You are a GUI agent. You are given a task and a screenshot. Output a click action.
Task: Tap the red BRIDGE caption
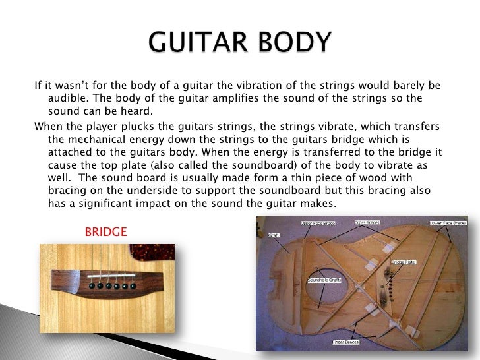tap(105, 232)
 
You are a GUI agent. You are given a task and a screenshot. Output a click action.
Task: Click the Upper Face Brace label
tap(318, 224)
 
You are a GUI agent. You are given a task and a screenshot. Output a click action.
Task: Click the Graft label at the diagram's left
tap(273, 235)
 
